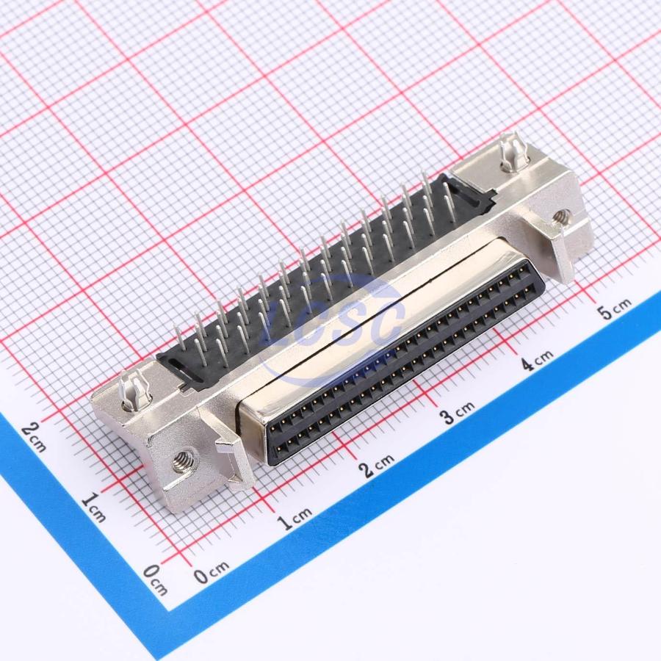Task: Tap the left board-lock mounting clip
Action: [134, 391]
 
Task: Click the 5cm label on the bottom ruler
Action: [614, 309]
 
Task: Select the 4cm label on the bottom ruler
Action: [537, 360]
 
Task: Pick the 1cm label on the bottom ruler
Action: [295, 518]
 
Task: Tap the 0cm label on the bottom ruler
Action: [212, 571]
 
